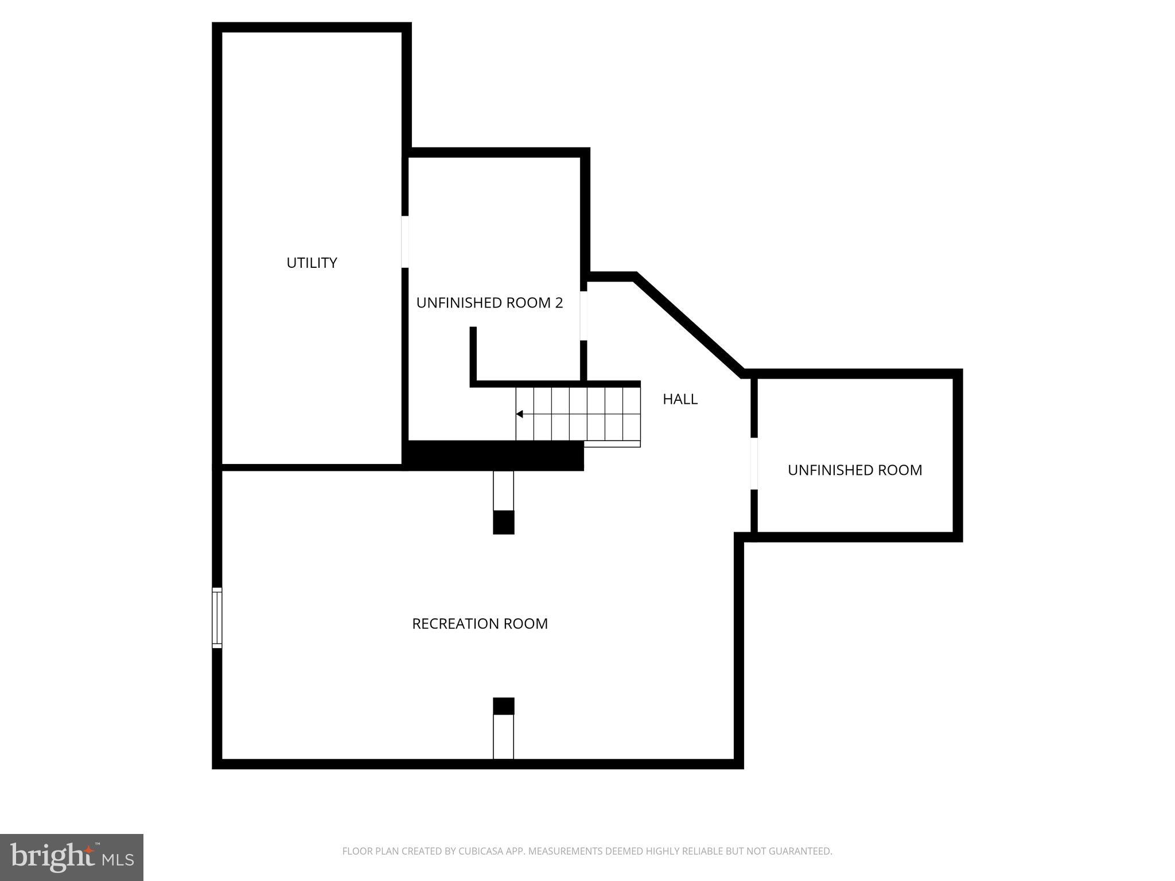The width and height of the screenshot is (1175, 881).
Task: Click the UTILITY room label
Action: (312, 263)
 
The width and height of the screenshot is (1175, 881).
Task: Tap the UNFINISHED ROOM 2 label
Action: (489, 303)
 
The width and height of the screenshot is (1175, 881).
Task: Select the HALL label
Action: (680, 399)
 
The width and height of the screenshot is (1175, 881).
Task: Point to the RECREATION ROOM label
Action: (480, 623)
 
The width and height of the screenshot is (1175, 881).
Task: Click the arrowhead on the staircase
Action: (519, 414)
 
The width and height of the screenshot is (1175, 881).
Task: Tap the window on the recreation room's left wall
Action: (217, 618)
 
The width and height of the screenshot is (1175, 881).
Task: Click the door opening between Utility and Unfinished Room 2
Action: (405, 241)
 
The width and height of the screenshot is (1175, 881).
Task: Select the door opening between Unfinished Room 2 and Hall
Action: (583, 315)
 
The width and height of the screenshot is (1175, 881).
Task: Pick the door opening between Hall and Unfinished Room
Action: (754, 463)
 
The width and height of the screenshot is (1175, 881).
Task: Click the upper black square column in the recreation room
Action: (504, 522)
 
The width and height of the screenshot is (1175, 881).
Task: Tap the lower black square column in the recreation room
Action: (504, 706)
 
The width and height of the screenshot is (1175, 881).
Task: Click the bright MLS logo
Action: (72, 857)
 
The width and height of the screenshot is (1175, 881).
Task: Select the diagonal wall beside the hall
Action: (688, 324)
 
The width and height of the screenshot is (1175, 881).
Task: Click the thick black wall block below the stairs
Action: (493, 455)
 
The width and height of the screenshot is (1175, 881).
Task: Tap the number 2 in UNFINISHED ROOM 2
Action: (558, 303)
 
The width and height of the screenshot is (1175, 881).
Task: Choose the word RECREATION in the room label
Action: (455, 623)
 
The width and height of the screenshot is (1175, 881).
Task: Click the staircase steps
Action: (578, 414)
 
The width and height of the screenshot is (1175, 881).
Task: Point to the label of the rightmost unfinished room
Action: (855, 470)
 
